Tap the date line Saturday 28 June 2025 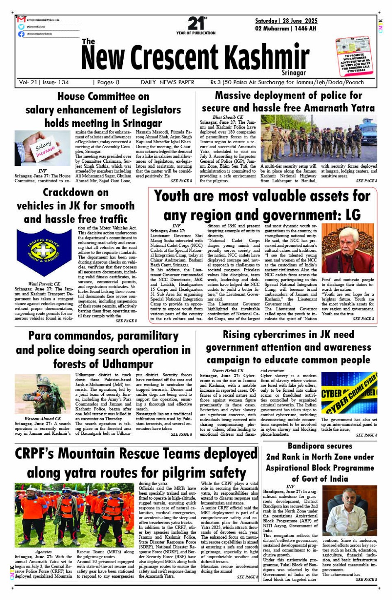pos(286,21)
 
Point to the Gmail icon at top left pos(22,20)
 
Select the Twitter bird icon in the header pos(22,27)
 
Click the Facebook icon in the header pos(22,34)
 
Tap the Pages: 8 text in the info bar pos(106,82)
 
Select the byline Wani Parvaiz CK pos(44,284)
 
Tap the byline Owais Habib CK pos(228,371)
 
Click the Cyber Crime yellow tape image pos(349,393)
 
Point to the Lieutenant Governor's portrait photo pos(348,249)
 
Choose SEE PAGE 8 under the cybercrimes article pos(366,435)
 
